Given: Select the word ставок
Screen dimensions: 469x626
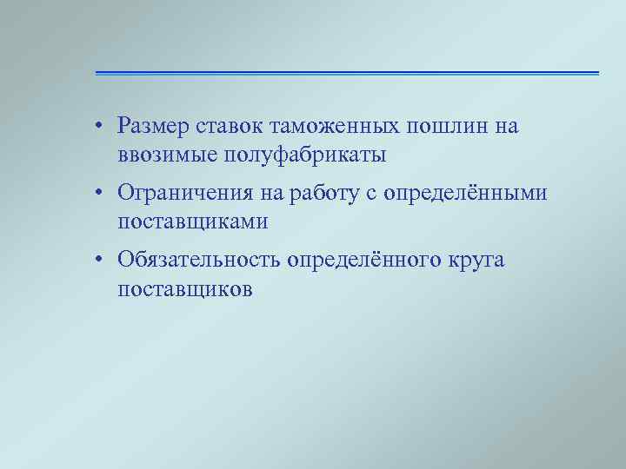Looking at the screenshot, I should (x=231, y=127).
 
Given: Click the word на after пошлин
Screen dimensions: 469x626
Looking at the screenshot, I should (x=506, y=127).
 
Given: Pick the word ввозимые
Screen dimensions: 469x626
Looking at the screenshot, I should (x=165, y=156).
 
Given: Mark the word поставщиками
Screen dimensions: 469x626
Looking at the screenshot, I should (x=193, y=222).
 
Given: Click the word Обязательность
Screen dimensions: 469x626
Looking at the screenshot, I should (x=206, y=260).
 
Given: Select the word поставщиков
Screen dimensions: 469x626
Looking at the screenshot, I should (x=185, y=289).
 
